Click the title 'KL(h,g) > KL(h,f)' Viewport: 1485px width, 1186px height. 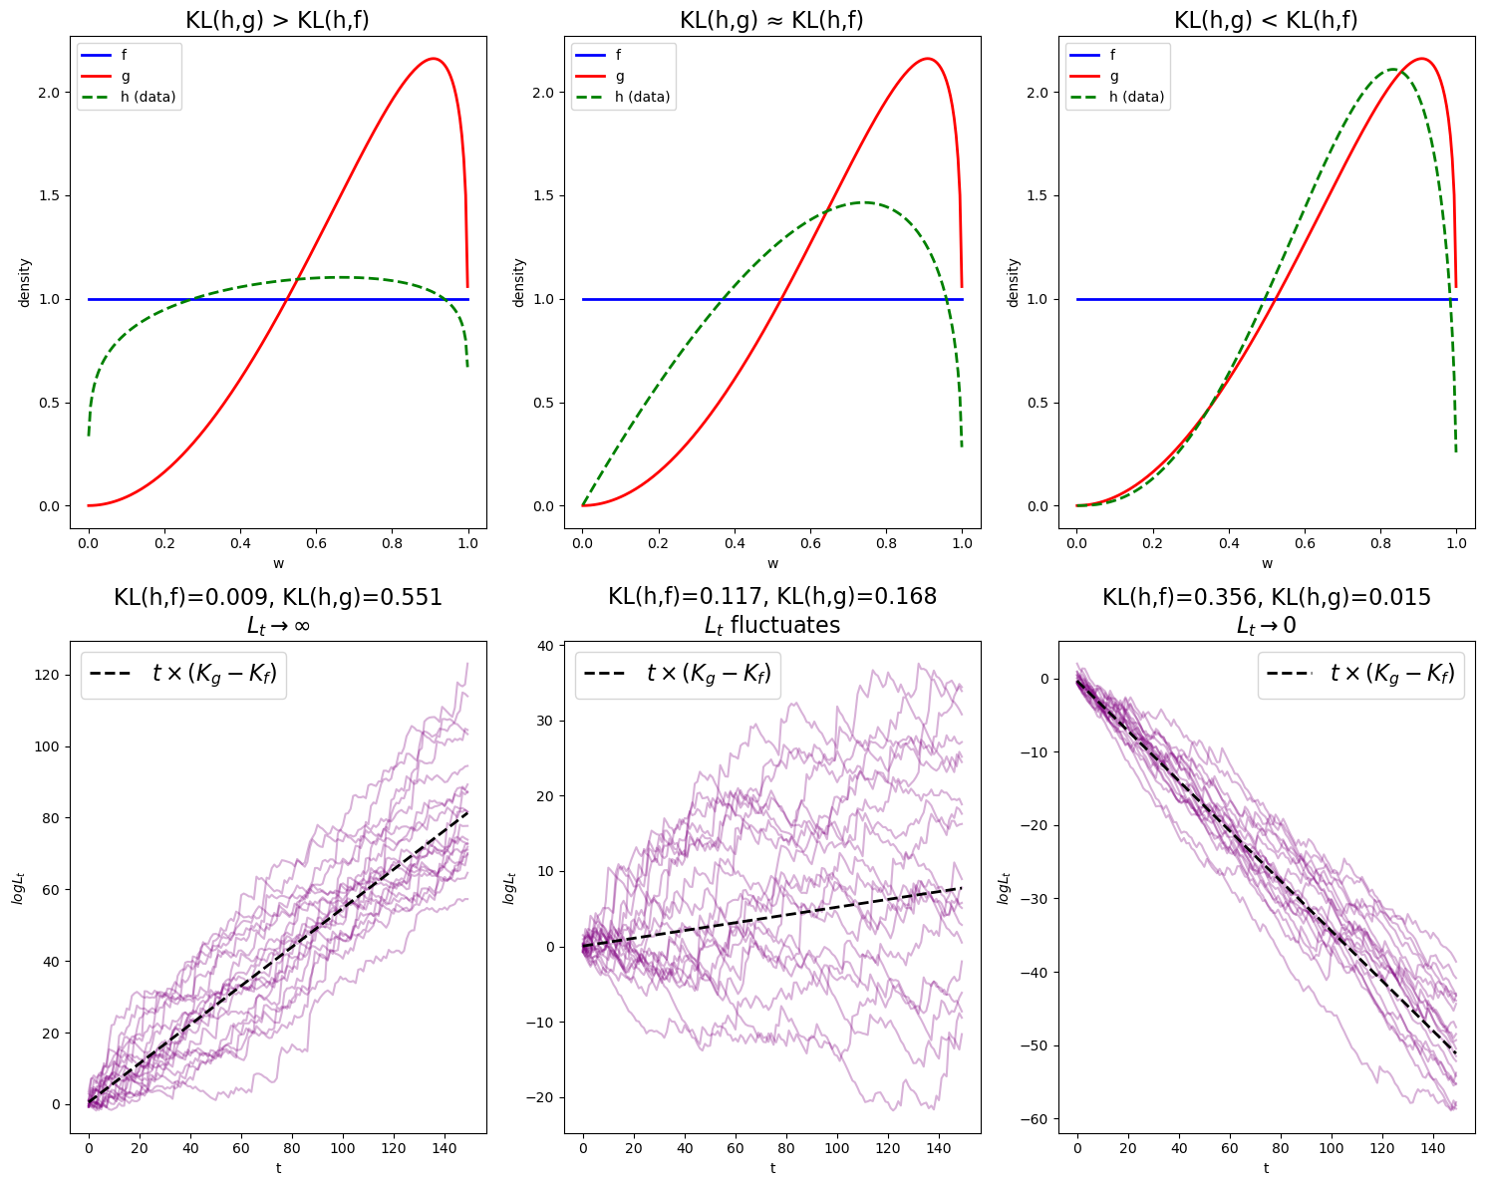click(x=277, y=20)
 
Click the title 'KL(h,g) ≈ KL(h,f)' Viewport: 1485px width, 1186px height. click(x=771, y=20)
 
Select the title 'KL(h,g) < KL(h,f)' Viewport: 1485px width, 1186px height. click(x=1266, y=20)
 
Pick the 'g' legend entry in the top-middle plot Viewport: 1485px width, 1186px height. click(x=620, y=76)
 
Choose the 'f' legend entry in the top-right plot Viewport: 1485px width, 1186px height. click(x=1114, y=55)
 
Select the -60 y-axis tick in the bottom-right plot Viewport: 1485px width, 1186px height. click(x=1033, y=1119)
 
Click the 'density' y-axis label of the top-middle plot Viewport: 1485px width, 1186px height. click(x=518, y=282)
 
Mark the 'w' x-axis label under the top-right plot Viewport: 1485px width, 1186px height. click(x=1267, y=564)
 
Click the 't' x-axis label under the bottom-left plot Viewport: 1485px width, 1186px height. click(x=278, y=1168)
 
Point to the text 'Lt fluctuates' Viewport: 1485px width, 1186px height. click(x=772, y=626)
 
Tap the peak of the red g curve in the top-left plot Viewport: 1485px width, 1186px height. click(x=433, y=59)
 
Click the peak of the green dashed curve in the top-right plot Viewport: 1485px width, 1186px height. click(x=1391, y=69)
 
